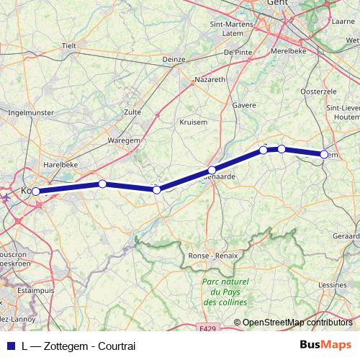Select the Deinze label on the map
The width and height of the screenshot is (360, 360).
174,59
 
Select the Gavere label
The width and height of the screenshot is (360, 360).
245,105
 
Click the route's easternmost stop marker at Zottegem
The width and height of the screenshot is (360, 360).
325,154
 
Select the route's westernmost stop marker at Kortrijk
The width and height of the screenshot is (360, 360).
35,192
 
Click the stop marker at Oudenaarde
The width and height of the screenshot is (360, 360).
211,171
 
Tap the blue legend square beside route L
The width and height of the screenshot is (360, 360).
12,346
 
